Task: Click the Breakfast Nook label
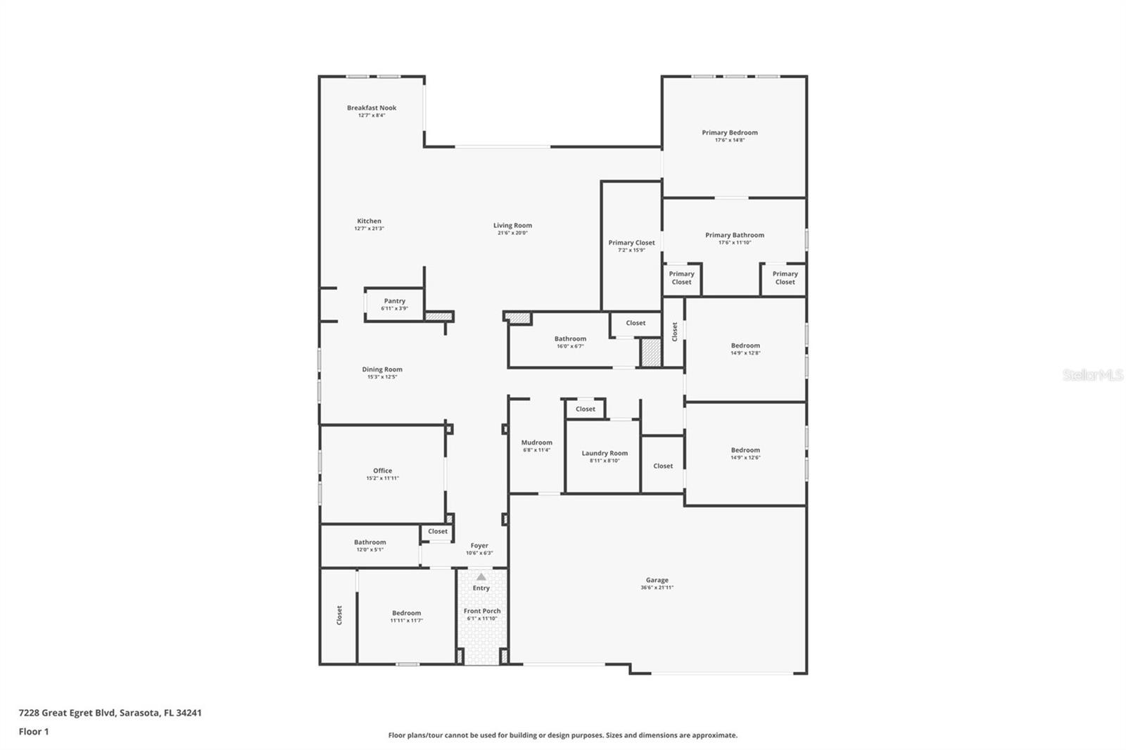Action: tap(372, 108)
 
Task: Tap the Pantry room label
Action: tap(395, 301)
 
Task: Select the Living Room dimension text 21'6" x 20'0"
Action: tap(512, 233)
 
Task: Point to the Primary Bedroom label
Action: tap(730, 133)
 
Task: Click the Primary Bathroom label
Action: tap(735, 235)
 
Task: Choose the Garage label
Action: tap(657, 580)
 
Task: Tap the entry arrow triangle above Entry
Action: tap(481, 577)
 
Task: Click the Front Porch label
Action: tap(482, 611)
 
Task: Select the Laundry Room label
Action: tap(605, 453)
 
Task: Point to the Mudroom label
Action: tap(537, 443)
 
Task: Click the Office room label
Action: tap(383, 471)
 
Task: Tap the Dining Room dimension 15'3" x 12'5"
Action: tap(382, 377)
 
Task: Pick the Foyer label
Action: tap(479, 546)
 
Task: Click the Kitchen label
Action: tap(369, 221)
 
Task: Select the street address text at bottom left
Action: tap(110, 713)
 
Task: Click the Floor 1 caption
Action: tap(34, 732)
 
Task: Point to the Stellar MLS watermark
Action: tap(1093, 374)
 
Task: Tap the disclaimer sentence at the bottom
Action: tap(562, 735)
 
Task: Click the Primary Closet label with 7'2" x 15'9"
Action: tap(631, 243)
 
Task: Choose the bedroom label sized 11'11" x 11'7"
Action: tap(406, 614)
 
